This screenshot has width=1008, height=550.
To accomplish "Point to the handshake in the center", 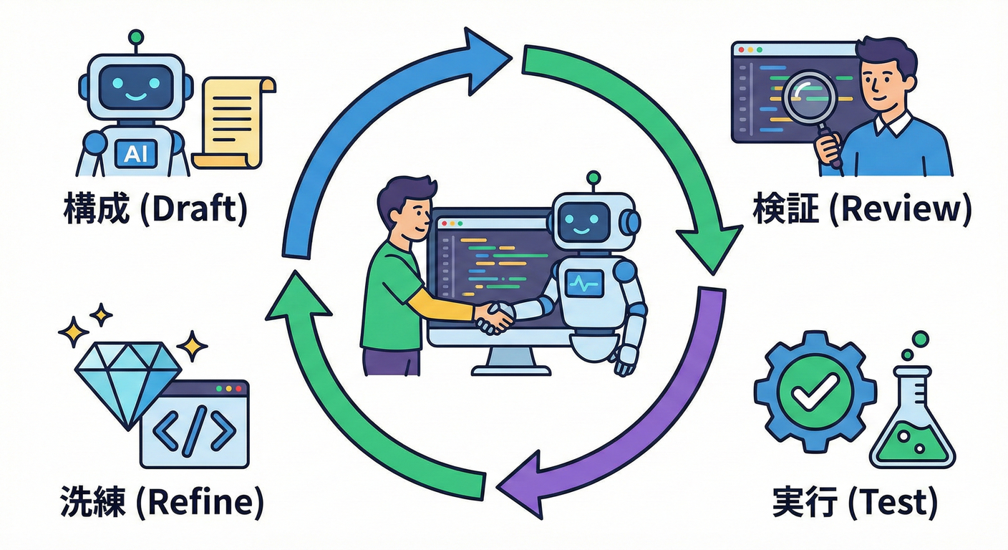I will pos(495,317).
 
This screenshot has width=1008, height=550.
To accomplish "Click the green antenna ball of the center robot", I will pos(592,176).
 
